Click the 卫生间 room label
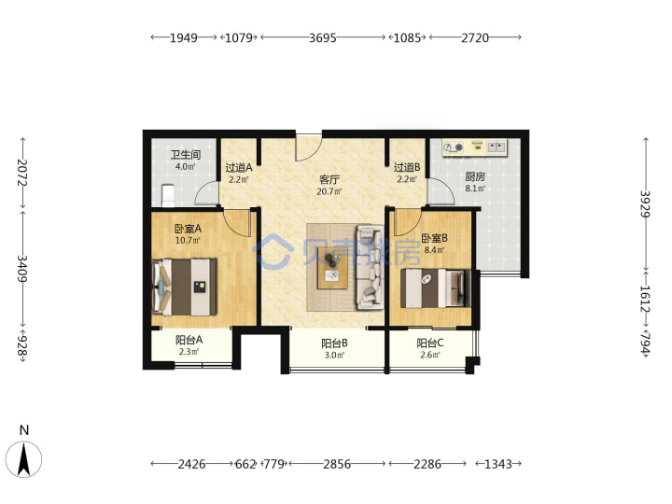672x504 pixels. tap(186, 155)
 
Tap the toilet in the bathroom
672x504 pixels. tap(168, 194)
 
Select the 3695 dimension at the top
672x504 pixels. tap(323, 37)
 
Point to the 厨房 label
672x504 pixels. tap(475, 176)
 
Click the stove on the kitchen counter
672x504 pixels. tap(454, 147)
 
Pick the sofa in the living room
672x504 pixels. tap(370, 267)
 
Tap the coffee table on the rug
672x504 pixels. tap(332, 272)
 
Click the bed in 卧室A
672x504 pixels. tap(184, 287)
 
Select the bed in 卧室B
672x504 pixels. tap(435, 288)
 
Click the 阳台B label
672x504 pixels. tap(334, 343)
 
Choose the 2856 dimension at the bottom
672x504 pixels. tap(337, 464)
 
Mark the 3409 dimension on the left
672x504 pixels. tap(22, 269)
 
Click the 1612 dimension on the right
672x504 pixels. tap(646, 300)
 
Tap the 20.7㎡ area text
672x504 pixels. tap(329, 191)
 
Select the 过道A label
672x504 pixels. tap(239, 168)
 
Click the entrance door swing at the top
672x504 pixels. tap(309, 148)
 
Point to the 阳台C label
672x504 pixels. tap(430, 343)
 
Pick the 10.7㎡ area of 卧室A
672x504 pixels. tap(188, 241)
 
